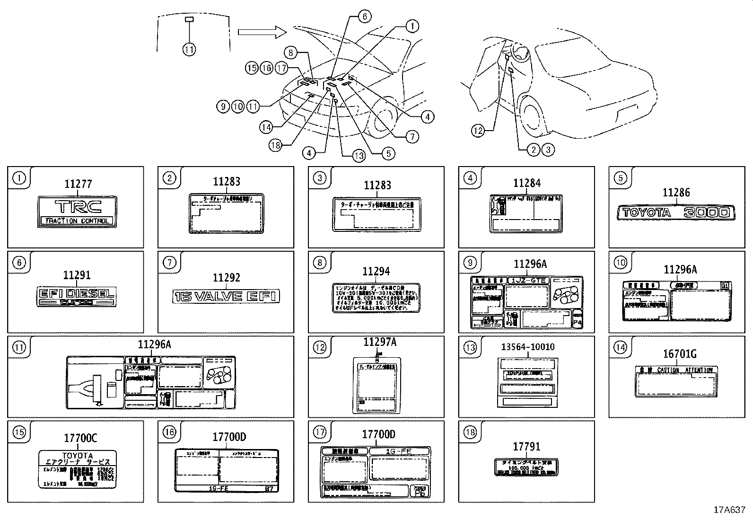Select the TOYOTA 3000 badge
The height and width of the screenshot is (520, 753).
(676, 212)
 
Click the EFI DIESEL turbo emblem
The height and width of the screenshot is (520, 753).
(76, 295)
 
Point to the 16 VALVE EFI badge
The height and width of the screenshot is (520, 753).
(226, 296)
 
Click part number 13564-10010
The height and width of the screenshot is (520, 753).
(527, 347)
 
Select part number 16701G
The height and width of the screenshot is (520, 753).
(679, 353)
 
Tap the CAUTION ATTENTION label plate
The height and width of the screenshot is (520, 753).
(675, 381)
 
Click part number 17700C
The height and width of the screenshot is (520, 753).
(80, 438)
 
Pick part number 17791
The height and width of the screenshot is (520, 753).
(526, 446)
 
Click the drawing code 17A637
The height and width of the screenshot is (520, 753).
(729, 510)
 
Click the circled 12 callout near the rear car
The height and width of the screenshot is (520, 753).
(478, 131)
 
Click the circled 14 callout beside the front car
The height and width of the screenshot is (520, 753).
(266, 127)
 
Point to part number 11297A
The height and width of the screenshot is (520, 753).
(380, 342)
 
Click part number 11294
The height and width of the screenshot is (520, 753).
(376, 271)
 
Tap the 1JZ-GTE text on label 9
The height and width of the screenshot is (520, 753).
(528, 280)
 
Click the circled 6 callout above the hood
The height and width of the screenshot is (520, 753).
(364, 17)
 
